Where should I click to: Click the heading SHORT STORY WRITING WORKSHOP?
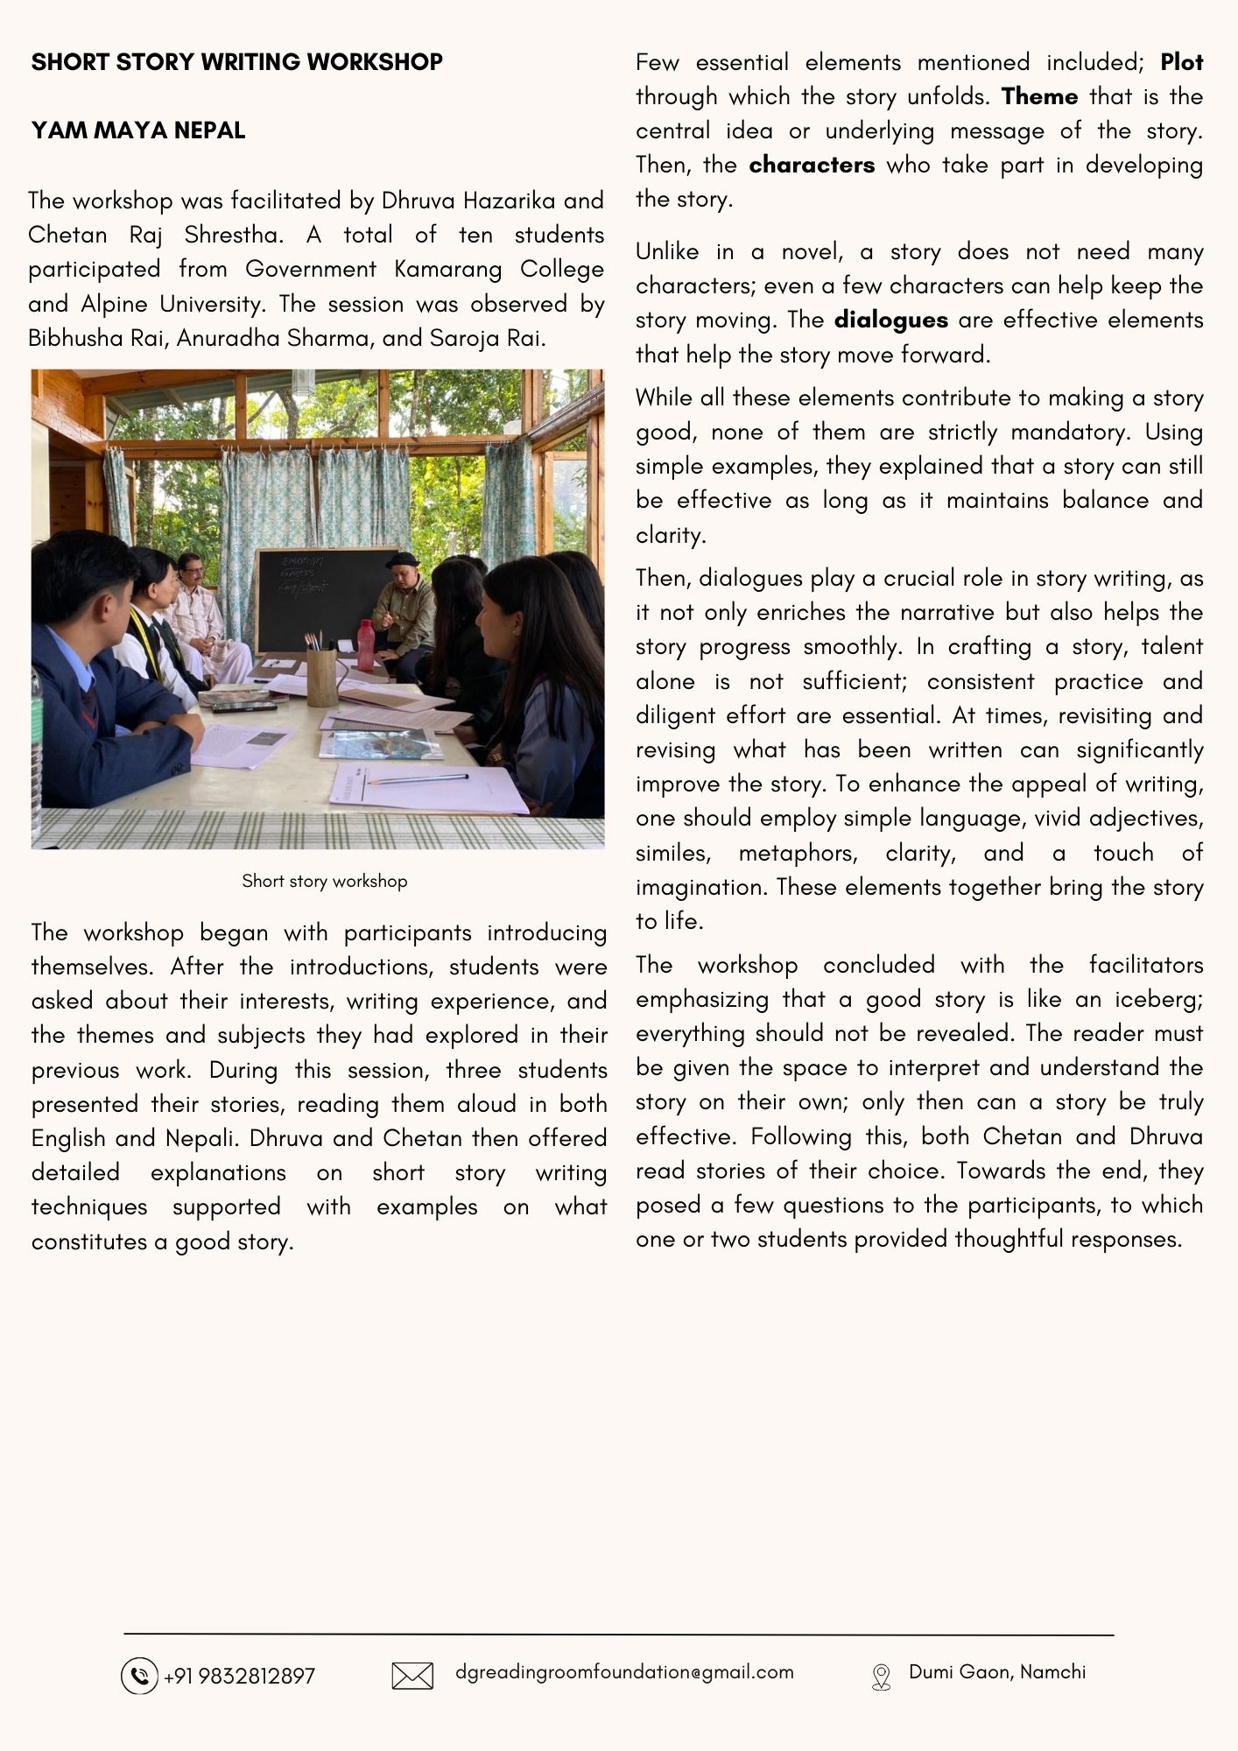236,62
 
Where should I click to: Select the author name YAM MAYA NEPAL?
138,130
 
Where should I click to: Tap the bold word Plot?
1181,62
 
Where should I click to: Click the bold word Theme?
1039,96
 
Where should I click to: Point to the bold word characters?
812,165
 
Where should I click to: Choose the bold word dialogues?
890,320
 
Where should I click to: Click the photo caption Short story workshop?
324,881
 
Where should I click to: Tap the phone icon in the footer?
138,1676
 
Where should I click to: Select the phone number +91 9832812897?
239,1677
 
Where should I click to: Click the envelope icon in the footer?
412,1676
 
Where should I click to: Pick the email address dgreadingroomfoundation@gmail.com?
624,1672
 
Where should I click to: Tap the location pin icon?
881,1677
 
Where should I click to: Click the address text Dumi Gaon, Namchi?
997,1672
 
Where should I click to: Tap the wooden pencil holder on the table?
322,676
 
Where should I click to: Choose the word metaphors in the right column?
797,853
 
